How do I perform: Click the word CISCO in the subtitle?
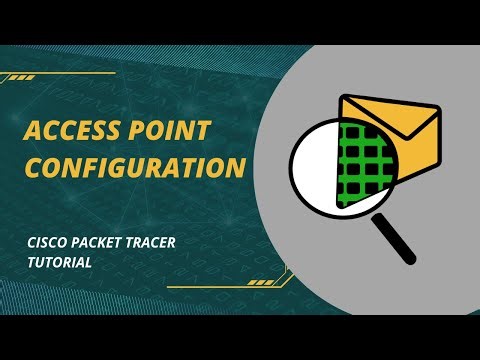tap(45, 242)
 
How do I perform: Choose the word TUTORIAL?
tap(60, 261)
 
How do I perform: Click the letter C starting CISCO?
tap(31, 242)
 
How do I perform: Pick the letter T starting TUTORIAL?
tap(30, 261)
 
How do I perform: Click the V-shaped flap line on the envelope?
tap(391, 116)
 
